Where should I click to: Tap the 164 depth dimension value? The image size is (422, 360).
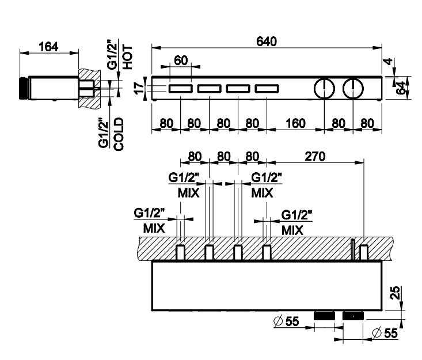pos(48,47)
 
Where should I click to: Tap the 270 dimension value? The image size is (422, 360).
pos(315,156)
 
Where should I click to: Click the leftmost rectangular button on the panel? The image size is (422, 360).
pos(181,89)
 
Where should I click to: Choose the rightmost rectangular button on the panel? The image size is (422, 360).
pos(266,89)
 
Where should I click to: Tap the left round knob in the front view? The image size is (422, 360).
pos(325,89)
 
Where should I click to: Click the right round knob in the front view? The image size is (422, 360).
pos(352,89)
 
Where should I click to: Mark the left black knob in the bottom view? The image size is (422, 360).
pos(324,315)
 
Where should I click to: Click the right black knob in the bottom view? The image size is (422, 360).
pos(352,315)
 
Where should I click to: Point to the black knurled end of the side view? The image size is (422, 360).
pos(23,88)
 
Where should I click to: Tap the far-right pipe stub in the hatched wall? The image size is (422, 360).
pos(364,252)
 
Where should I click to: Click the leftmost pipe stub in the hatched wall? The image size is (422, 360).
pos(181,252)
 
